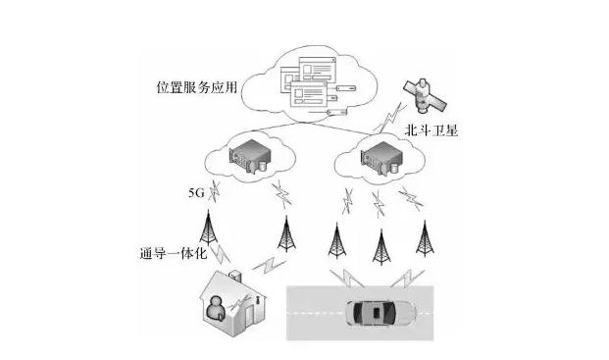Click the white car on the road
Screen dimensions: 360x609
coord(381,313)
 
